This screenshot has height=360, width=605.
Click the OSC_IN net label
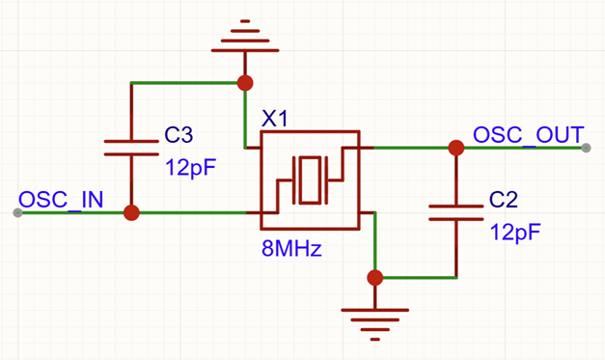(x=61, y=200)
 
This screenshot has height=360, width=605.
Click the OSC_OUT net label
(x=529, y=135)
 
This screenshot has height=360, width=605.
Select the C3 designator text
(x=179, y=135)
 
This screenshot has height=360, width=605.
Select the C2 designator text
(x=503, y=200)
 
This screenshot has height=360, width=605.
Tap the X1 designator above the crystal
(x=275, y=119)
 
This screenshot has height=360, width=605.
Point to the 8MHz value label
(x=291, y=248)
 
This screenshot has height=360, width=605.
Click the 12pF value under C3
(x=190, y=168)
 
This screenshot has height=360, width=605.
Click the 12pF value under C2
(x=515, y=233)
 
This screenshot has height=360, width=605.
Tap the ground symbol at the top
(x=245, y=36)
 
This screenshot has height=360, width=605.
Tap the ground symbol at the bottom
(x=374, y=324)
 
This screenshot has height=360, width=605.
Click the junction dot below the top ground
(x=245, y=83)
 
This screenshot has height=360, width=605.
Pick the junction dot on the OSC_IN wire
(x=131, y=212)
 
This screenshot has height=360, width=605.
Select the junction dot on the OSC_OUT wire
(x=456, y=148)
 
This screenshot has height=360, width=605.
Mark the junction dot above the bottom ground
(x=374, y=277)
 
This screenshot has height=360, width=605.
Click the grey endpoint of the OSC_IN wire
(x=17, y=212)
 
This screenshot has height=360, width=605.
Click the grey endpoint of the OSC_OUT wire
(x=586, y=148)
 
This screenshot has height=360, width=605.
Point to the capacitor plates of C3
(x=131, y=148)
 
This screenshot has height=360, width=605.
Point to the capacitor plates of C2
(x=456, y=212)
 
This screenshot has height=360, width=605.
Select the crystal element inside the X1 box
(x=310, y=180)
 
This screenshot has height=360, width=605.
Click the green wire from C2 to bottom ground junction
(x=416, y=277)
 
